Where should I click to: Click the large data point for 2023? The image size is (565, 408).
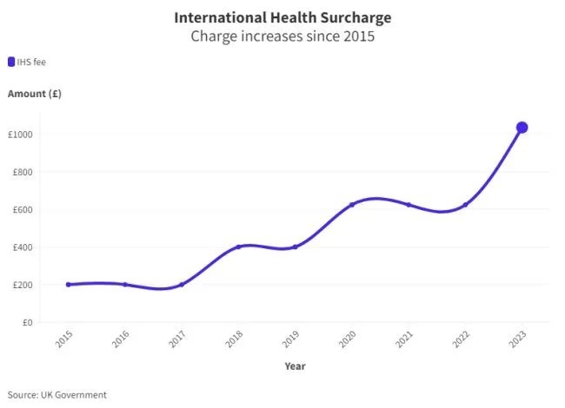(522, 128)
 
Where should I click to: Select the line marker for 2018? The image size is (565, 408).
(238, 247)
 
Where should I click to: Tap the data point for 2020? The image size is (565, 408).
(351, 205)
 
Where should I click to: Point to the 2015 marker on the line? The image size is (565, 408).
(68, 285)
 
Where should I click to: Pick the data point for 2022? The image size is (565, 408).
(465, 205)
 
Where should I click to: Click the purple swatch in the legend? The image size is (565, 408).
(11, 62)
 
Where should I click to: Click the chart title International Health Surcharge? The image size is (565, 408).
(282, 17)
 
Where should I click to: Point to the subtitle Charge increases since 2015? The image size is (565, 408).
(282, 37)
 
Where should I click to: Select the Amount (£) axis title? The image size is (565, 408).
(34, 93)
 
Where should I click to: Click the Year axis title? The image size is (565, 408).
(295, 366)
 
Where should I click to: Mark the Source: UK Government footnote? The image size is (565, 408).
(57, 395)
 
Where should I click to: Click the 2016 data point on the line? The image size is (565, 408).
(124, 285)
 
